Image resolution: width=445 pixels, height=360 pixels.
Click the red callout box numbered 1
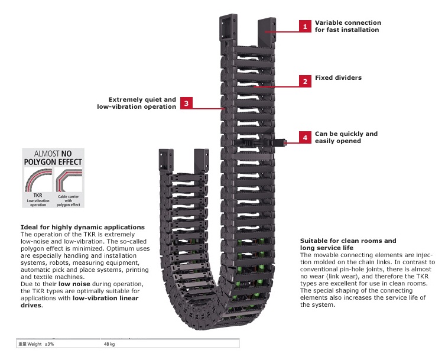tap(304, 27)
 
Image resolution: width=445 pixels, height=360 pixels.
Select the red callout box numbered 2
tap(304, 82)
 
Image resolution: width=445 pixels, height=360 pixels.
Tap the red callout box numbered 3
tap(186, 103)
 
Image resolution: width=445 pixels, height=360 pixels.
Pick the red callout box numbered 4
tap(304, 138)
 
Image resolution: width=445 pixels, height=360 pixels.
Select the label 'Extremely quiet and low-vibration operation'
tap(137, 103)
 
